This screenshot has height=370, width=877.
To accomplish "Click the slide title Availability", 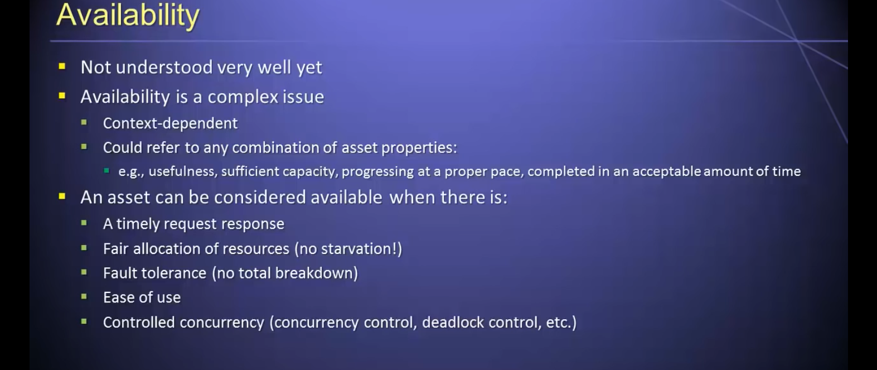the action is point(128,16).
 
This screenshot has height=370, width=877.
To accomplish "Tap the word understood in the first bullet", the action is point(164,67).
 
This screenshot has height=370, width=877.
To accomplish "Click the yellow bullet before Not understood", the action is point(62,66).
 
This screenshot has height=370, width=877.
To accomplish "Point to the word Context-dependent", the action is point(170,123).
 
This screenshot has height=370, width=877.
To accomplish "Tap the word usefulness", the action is point(183,171).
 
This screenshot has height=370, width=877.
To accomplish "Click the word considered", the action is point(260,197).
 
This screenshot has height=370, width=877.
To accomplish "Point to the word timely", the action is point(138,224).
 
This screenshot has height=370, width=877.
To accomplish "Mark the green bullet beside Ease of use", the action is point(84,296).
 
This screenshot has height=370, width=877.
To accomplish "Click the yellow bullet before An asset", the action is point(62,196).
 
